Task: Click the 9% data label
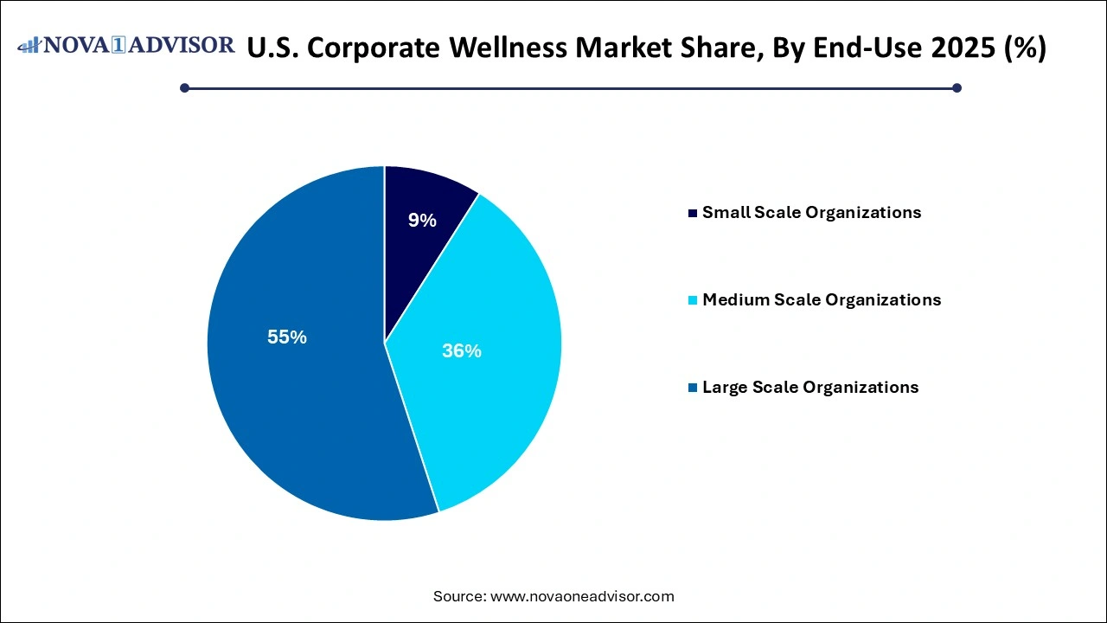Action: point(422,221)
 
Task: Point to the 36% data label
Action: point(461,351)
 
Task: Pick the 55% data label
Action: point(287,337)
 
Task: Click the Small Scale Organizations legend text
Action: point(811,212)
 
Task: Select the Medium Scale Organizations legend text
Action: point(822,299)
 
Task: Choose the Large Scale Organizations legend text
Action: point(810,387)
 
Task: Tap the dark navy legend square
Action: point(692,213)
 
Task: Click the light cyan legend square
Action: point(692,300)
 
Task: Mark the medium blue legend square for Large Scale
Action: point(692,388)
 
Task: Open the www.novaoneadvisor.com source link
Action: point(582,596)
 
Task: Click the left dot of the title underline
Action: point(184,87)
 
